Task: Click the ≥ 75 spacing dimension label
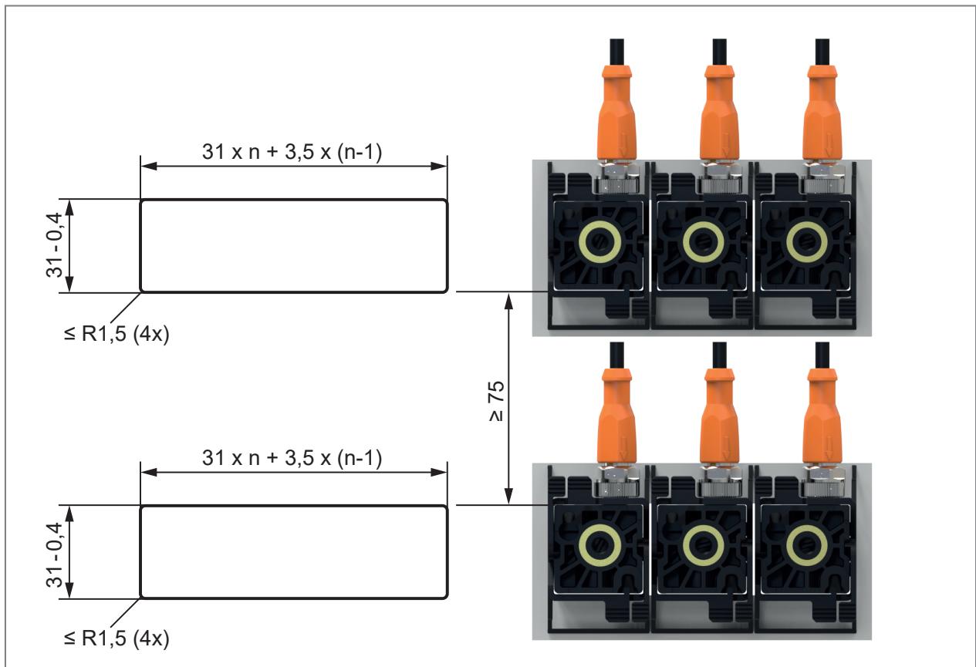coord(497,401)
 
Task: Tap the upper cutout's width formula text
coord(292,152)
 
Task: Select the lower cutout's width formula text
coord(292,458)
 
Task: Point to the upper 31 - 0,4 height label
coord(55,245)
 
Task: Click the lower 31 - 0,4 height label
coord(55,555)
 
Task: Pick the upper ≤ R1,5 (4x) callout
coord(117,334)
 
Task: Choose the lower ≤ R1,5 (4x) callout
coord(117,638)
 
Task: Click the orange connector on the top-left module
coord(616,113)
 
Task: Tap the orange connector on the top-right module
coord(822,113)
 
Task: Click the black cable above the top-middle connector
coord(719,52)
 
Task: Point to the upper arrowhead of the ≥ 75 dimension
coord(508,301)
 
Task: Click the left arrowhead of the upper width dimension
coord(149,167)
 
